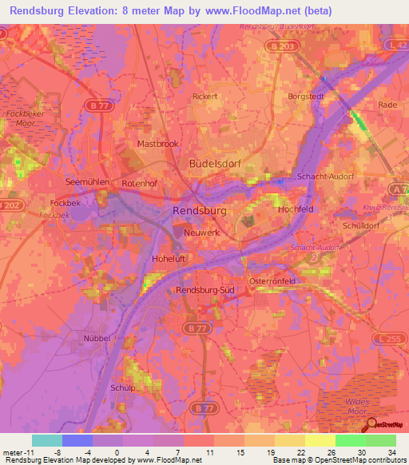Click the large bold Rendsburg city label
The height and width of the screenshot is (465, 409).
[x=200, y=210]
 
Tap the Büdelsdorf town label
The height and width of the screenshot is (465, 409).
[x=214, y=162]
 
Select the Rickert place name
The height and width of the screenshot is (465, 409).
[x=205, y=96]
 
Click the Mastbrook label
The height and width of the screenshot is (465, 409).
[x=157, y=144]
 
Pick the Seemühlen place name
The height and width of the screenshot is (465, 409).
[x=87, y=181]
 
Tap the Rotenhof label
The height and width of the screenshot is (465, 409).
[x=141, y=183]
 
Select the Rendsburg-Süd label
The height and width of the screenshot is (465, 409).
[x=203, y=290]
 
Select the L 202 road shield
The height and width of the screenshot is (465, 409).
[x=9, y=206]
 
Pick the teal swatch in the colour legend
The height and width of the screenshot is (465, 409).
[x=46, y=440]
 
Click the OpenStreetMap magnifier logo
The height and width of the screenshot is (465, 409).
[x=370, y=423]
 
